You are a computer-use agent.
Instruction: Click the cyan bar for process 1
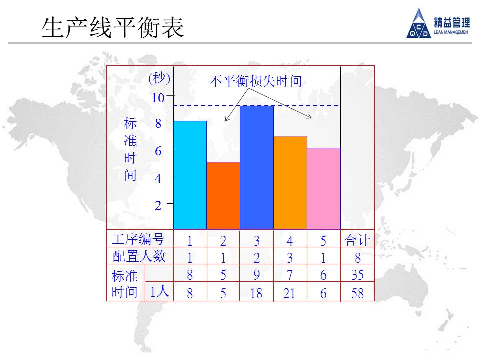pyautogui.click(x=190, y=175)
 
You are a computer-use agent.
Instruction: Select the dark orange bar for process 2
pyautogui.click(x=223, y=195)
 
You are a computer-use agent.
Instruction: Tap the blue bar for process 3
pyautogui.click(x=257, y=167)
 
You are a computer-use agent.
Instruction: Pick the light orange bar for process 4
pyautogui.click(x=290, y=183)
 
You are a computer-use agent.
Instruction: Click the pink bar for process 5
pyautogui.click(x=324, y=188)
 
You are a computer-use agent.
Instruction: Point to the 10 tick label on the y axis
pyautogui.click(x=158, y=98)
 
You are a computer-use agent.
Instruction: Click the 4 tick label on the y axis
pyautogui.click(x=158, y=178)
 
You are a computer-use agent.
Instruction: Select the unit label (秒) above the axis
pyautogui.click(x=159, y=78)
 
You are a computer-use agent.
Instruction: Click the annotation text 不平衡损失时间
pyautogui.click(x=256, y=81)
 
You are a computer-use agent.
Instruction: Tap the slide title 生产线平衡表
pyautogui.click(x=113, y=27)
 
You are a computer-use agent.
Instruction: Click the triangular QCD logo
pyautogui.click(x=418, y=23)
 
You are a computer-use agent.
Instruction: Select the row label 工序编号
pyautogui.click(x=138, y=239)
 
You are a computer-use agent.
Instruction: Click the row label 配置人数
pyautogui.click(x=139, y=256)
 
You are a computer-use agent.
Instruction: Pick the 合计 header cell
pyautogui.click(x=357, y=240)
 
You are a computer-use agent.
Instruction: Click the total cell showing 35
pyautogui.click(x=357, y=275)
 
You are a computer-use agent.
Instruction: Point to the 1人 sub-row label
pyautogui.click(x=159, y=291)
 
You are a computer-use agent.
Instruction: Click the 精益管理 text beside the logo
pyautogui.click(x=452, y=22)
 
